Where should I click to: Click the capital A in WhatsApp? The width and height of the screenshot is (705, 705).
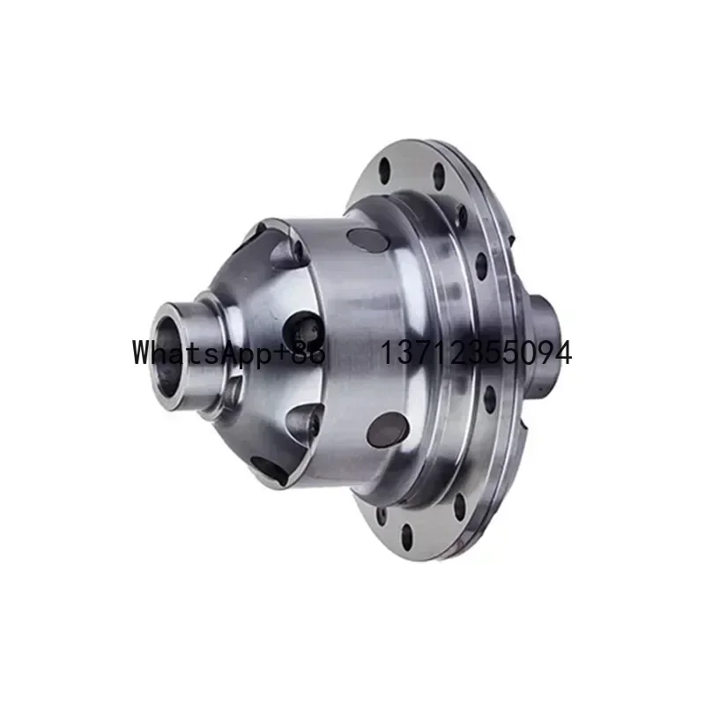click(233, 352)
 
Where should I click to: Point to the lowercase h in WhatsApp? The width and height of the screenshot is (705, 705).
click(165, 352)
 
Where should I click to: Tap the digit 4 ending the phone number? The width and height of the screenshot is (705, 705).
click(561, 353)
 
